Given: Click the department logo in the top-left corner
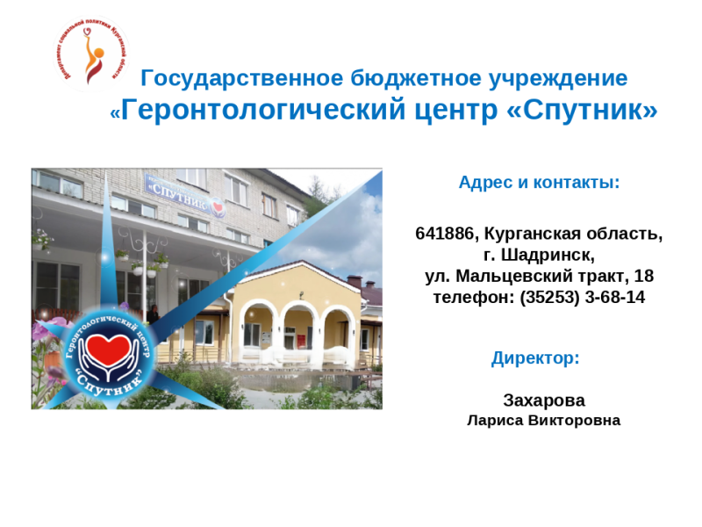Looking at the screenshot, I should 91,53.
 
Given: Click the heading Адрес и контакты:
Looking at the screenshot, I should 539,183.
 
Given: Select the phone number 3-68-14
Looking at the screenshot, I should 614,297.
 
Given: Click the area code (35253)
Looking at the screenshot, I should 549,297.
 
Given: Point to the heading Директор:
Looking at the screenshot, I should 535,358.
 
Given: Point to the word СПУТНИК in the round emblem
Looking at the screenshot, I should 108,383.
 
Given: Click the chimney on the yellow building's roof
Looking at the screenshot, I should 355,282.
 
